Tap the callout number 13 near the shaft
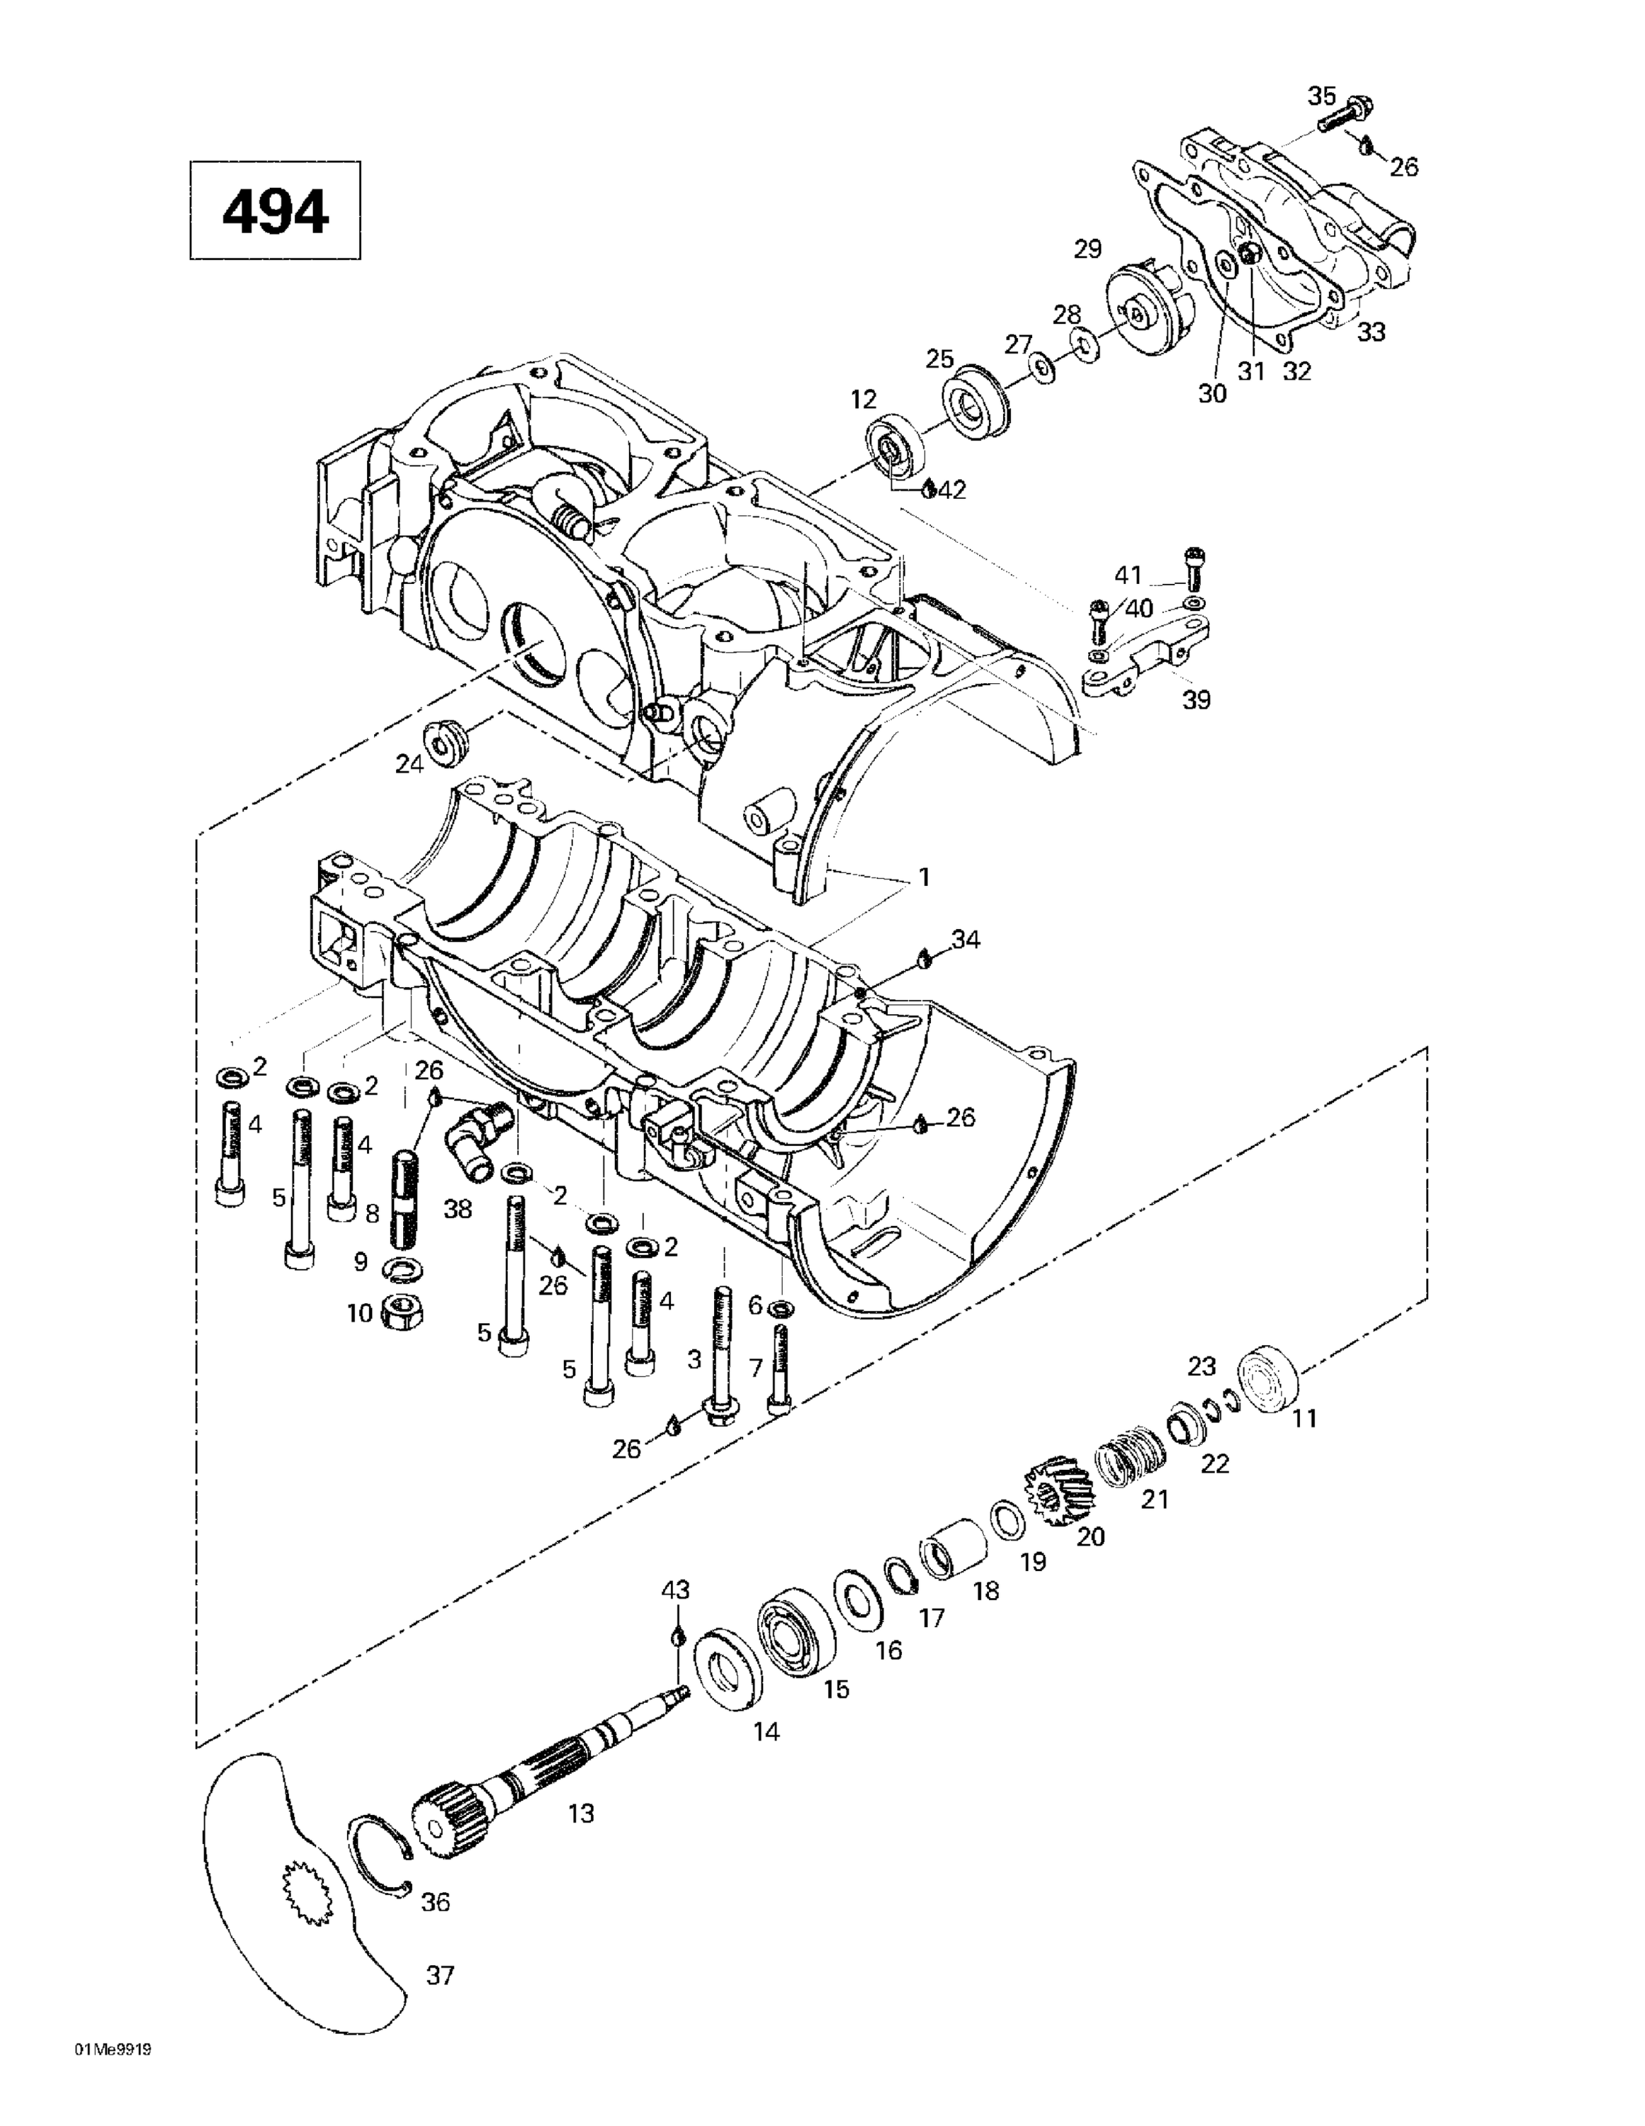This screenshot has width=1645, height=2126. pos(581,1813)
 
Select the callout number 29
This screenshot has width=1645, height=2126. pos(1087,249)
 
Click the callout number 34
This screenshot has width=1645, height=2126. pos(966,940)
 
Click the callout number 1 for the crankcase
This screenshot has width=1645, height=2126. pos(924,877)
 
